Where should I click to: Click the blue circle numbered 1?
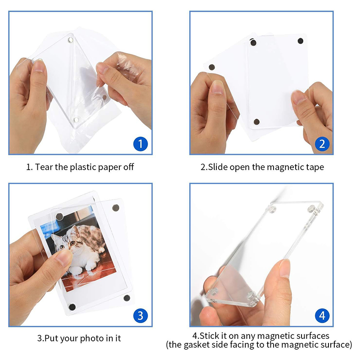pyautogui.click(x=140, y=144)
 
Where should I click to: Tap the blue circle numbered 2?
pyautogui.click(x=322, y=144)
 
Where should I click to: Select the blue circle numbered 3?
pyautogui.click(x=140, y=315)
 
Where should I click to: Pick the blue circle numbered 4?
pyautogui.click(x=322, y=315)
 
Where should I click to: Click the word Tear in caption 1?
pyautogui.click(x=44, y=167)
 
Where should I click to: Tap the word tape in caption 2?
pyautogui.click(x=315, y=167)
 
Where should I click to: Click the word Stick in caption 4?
pyautogui.click(x=209, y=336)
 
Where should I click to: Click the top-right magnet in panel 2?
pyautogui.click(x=300, y=41)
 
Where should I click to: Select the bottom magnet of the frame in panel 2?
pyautogui.click(x=256, y=121)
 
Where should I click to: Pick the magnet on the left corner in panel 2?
pyautogui.click(x=211, y=67)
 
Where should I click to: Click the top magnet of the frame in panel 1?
pyautogui.click(x=71, y=40)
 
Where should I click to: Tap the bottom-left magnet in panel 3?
pyautogui.click(x=72, y=307)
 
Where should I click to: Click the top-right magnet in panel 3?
pyautogui.click(x=116, y=208)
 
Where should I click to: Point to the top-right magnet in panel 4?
pyautogui.click(x=311, y=209)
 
